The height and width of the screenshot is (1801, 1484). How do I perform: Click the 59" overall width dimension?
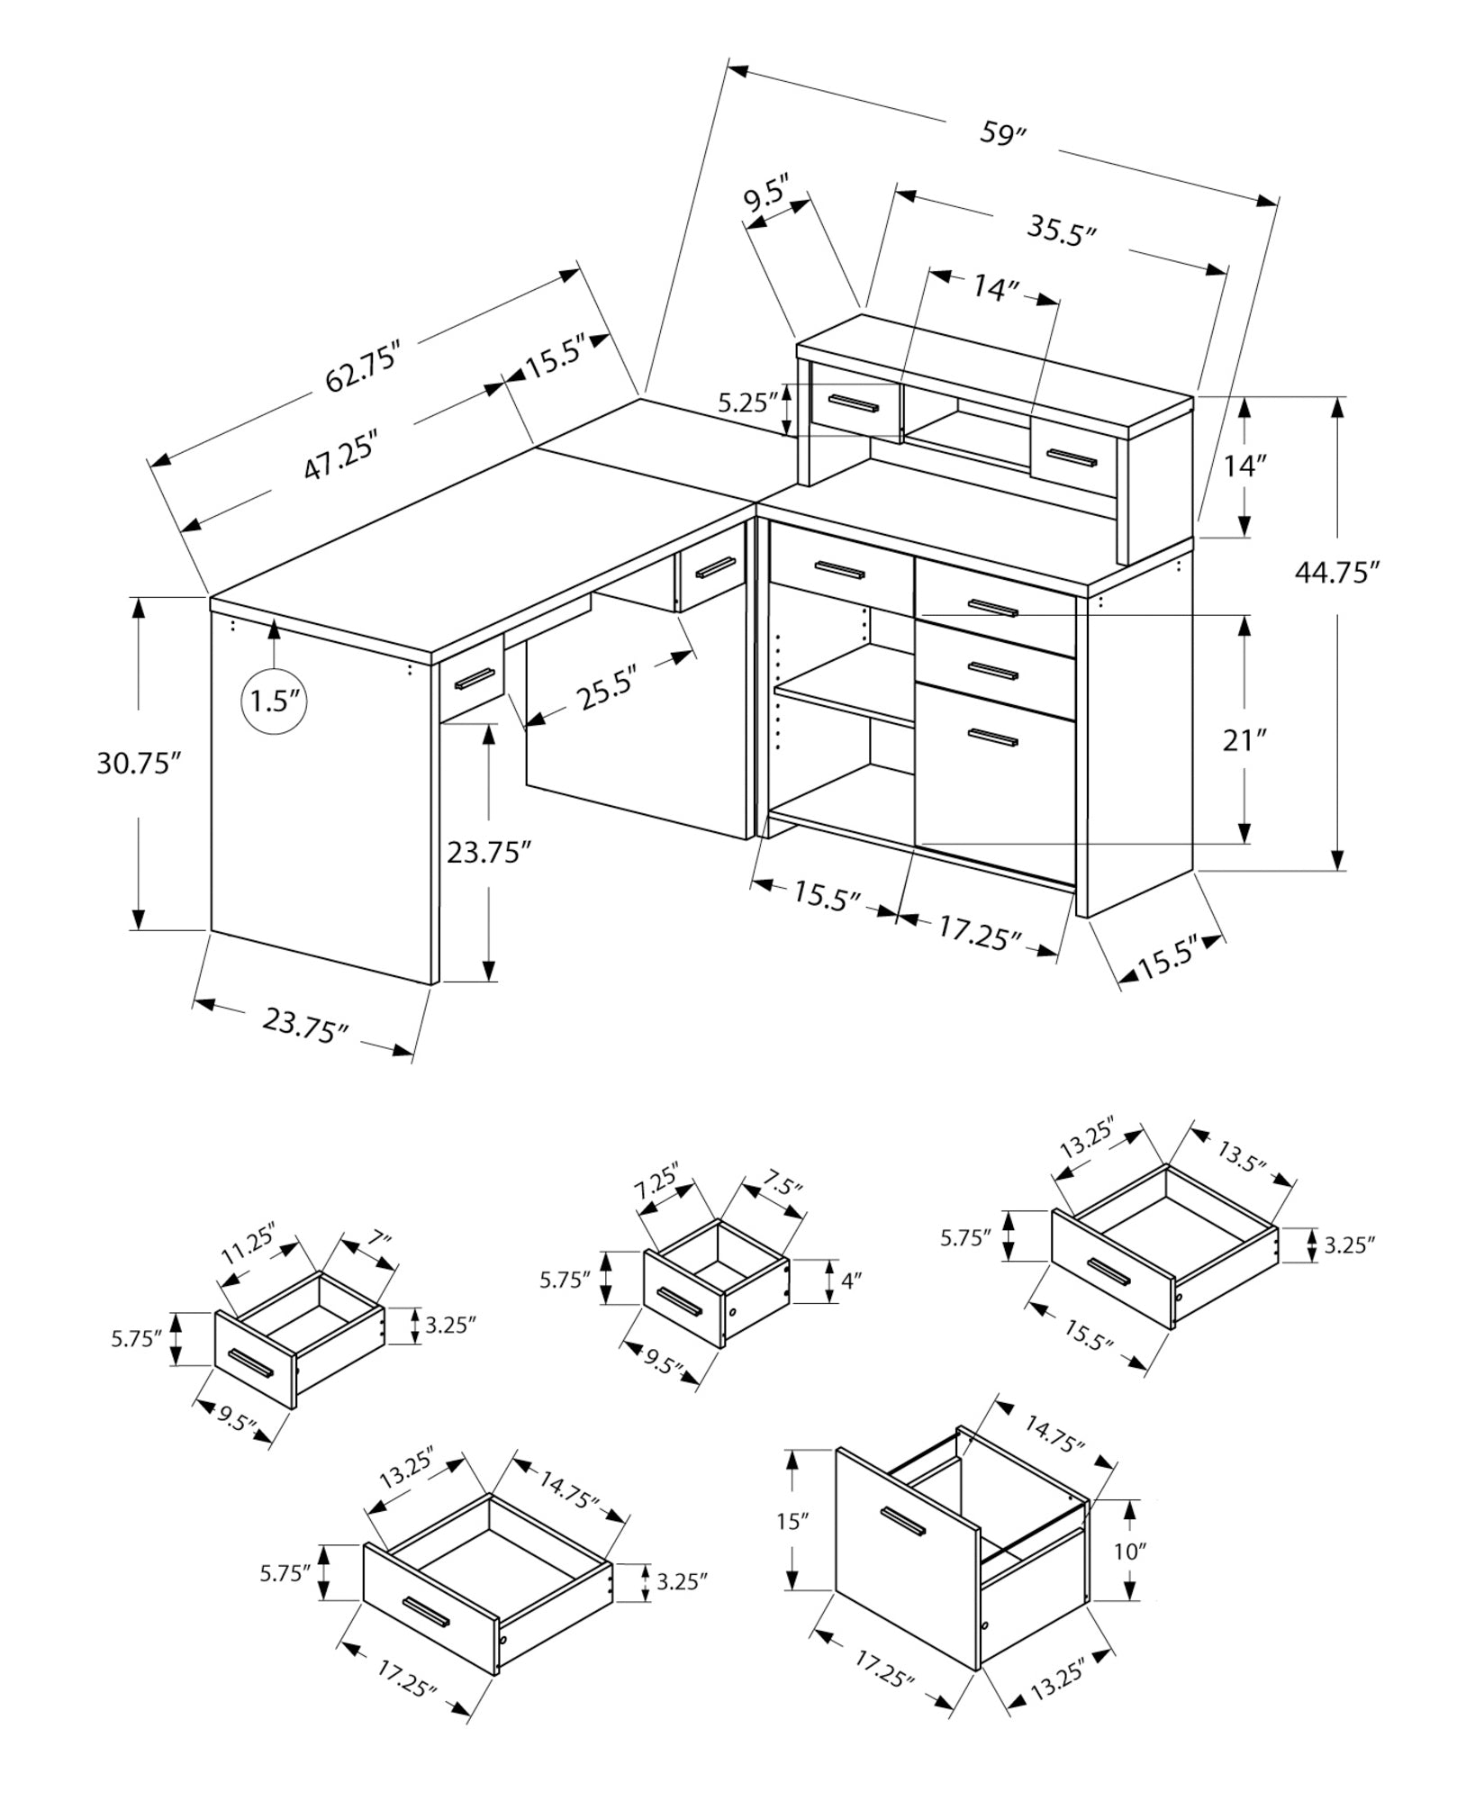click(x=1003, y=134)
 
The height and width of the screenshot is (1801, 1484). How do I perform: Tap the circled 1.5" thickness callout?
click(x=274, y=700)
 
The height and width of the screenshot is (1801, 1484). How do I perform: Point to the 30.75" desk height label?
click(x=139, y=764)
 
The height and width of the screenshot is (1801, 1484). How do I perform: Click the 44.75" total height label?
click(x=1337, y=573)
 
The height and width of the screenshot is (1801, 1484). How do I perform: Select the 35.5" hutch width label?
click(x=1062, y=230)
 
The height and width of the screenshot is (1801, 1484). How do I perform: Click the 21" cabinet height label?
click(x=1245, y=741)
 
